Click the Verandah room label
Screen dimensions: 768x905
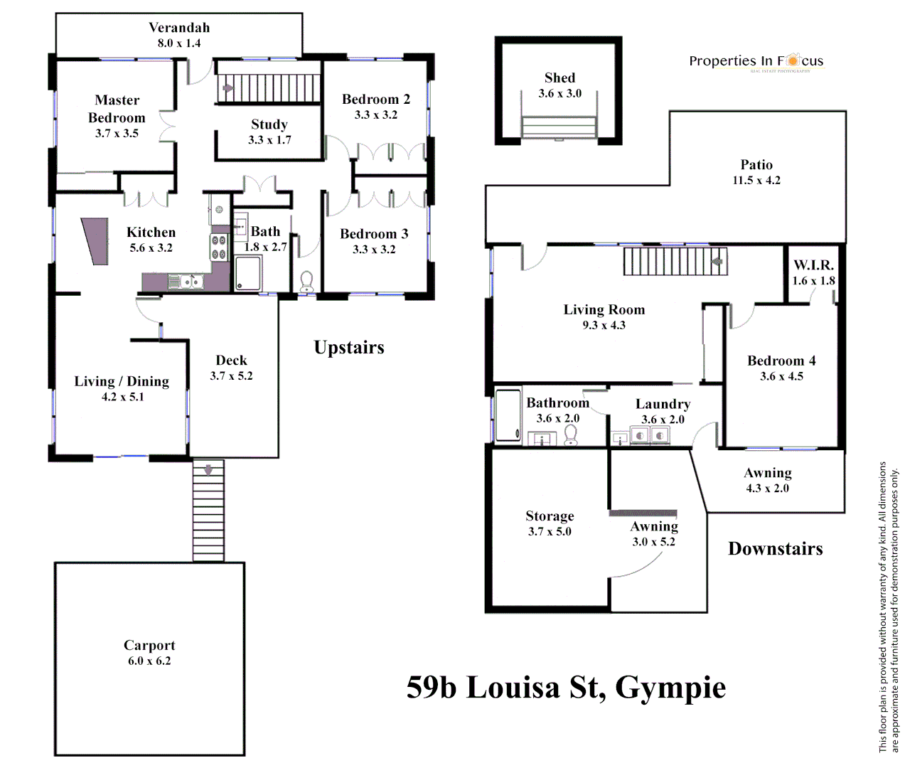click(x=179, y=28)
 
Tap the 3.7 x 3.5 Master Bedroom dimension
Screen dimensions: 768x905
click(x=117, y=134)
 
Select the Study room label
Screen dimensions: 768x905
click(x=269, y=124)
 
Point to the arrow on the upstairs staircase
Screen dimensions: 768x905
click(x=228, y=89)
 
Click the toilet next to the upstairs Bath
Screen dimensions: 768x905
click(x=306, y=282)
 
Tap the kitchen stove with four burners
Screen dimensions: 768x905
click(x=218, y=247)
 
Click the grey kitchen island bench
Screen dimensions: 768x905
click(x=95, y=241)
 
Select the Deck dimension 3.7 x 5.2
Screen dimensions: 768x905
click(x=231, y=376)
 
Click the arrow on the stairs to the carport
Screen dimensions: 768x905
click(x=208, y=470)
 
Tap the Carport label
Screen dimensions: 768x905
click(x=149, y=646)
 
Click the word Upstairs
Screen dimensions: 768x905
click(x=349, y=348)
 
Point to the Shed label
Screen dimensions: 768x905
click(x=559, y=78)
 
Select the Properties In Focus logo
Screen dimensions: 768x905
click(x=756, y=62)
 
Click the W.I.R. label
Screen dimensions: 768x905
click(x=813, y=265)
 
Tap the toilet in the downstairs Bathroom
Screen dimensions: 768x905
click(x=570, y=435)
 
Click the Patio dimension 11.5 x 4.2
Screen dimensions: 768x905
click(x=756, y=181)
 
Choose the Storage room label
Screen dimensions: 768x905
click(x=550, y=516)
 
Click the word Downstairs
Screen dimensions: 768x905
click(x=776, y=549)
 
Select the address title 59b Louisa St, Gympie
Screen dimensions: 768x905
click(x=566, y=688)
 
